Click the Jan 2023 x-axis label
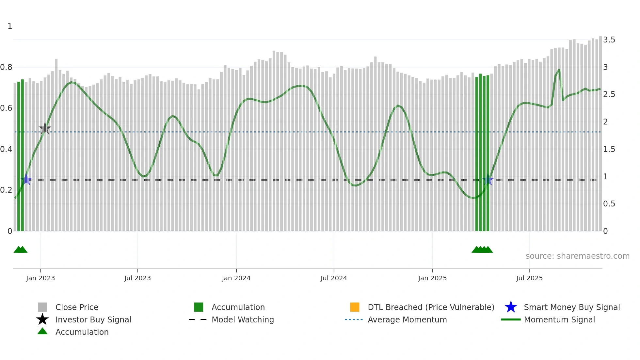pos(40,278)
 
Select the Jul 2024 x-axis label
pos(333,278)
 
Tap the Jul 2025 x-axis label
pos(529,278)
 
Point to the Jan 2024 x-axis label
pos(236,278)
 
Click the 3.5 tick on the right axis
pos(609,40)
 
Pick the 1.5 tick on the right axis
pos(609,149)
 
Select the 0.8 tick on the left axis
pos(6,67)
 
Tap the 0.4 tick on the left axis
pos(6,149)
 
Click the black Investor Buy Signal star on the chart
pos(45,128)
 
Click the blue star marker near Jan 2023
pos(26,180)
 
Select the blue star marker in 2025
pos(488,180)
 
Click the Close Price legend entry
pos(77,307)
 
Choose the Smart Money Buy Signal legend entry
pos(571,307)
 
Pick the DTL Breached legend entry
pos(431,307)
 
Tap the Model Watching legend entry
pos(242,319)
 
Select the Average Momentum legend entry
pos(407,319)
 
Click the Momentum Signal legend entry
pos(559,319)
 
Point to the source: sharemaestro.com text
pos(577,256)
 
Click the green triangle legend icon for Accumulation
pos(42,331)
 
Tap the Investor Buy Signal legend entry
pos(93,319)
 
